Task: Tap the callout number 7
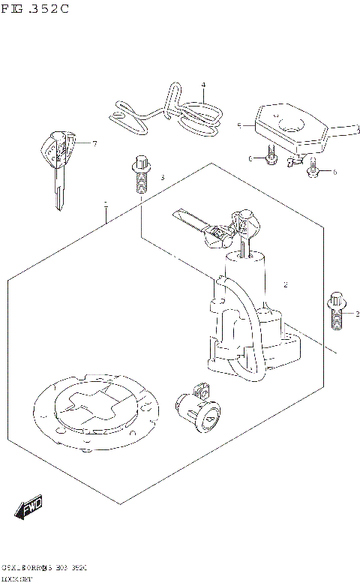pyautogui.click(x=95, y=143)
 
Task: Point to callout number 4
pyautogui.click(x=202, y=85)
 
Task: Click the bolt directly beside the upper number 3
pyautogui.click(x=139, y=174)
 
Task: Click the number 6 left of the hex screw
pyautogui.click(x=250, y=158)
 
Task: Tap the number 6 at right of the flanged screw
pyautogui.click(x=334, y=172)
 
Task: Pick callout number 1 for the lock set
pyautogui.click(x=106, y=203)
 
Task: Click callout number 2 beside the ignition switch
pyautogui.click(x=286, y=285)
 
